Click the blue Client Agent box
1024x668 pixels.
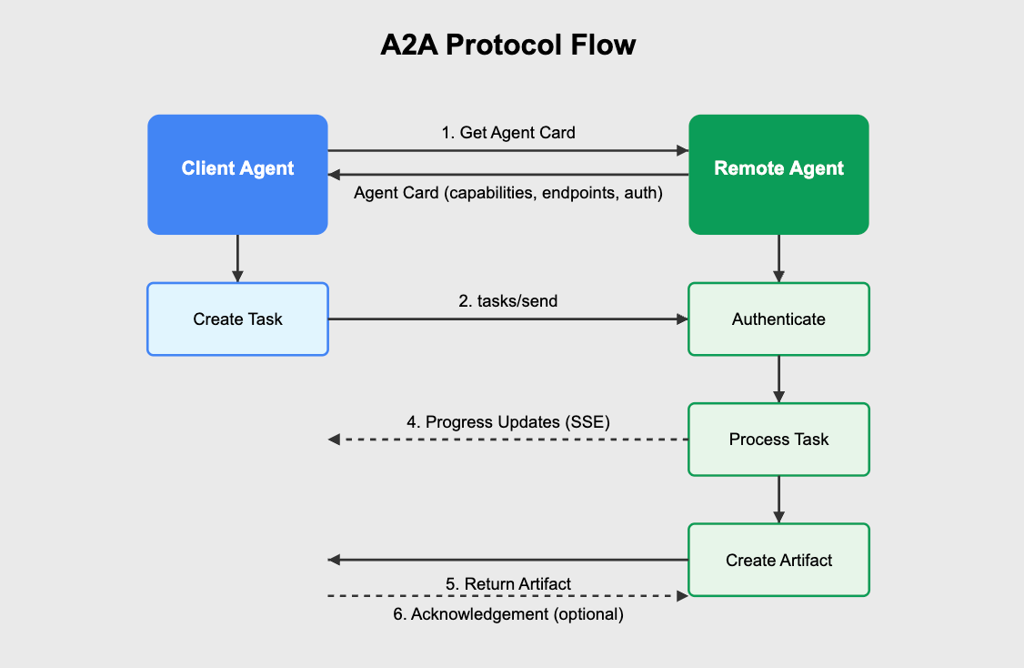tap(237, 175)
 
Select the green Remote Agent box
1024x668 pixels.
tap(778, 175)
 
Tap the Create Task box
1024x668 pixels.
tap(237, 319)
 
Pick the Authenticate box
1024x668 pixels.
tap(778, 319)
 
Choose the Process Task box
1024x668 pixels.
tap(778, 440)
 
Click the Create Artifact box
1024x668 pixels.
tap(778, 560)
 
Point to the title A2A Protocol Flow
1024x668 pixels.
tap(508, 46)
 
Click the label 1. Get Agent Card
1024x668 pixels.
tap(508, 133)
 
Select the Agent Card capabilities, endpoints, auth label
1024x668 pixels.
tap(508, 193)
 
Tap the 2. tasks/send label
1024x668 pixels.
tap(508, 301)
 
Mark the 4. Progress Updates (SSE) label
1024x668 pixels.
tap(508, 422)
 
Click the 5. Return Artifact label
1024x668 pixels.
tap(508, 583)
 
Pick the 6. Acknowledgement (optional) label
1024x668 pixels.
tap(508, 614)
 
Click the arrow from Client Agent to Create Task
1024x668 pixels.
tap(237, 258)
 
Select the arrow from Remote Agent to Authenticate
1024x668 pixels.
tap(778, 258)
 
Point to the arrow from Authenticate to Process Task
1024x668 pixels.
tap(778, 380)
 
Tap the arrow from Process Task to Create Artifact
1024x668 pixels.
tap(778, 500)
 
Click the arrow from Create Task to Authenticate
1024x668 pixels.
tap(508, 319)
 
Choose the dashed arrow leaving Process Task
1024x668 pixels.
tap(508, 440)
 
